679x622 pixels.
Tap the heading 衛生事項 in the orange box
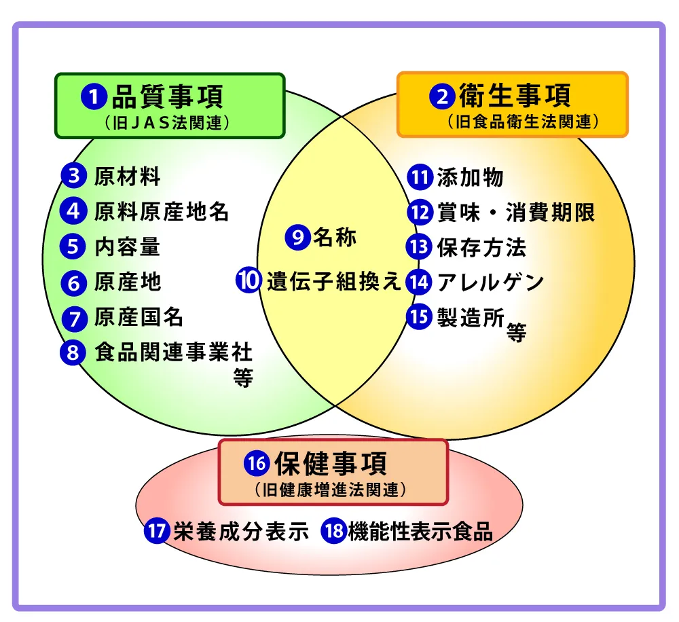[x=515, y=96]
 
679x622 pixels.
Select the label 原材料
[x=127, y=177]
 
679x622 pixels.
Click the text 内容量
[x=127, y=246]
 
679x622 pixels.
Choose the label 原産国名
[x=139, y=317]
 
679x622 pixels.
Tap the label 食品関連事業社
[x=173, y=352]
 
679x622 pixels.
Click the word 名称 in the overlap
[x=334, y=237]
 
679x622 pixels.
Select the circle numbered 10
[x=249, y=281]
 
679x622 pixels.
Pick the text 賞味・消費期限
[x=516, y=212]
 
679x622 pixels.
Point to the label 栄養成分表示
[x=241, y=531]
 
